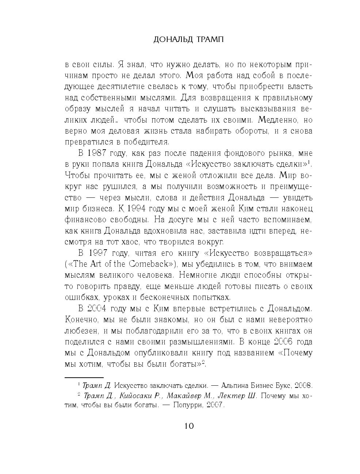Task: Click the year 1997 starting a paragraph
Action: (x=97, y=253)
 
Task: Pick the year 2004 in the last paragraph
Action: (x=97, y=309)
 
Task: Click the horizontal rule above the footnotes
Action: (x=84, y=377)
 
